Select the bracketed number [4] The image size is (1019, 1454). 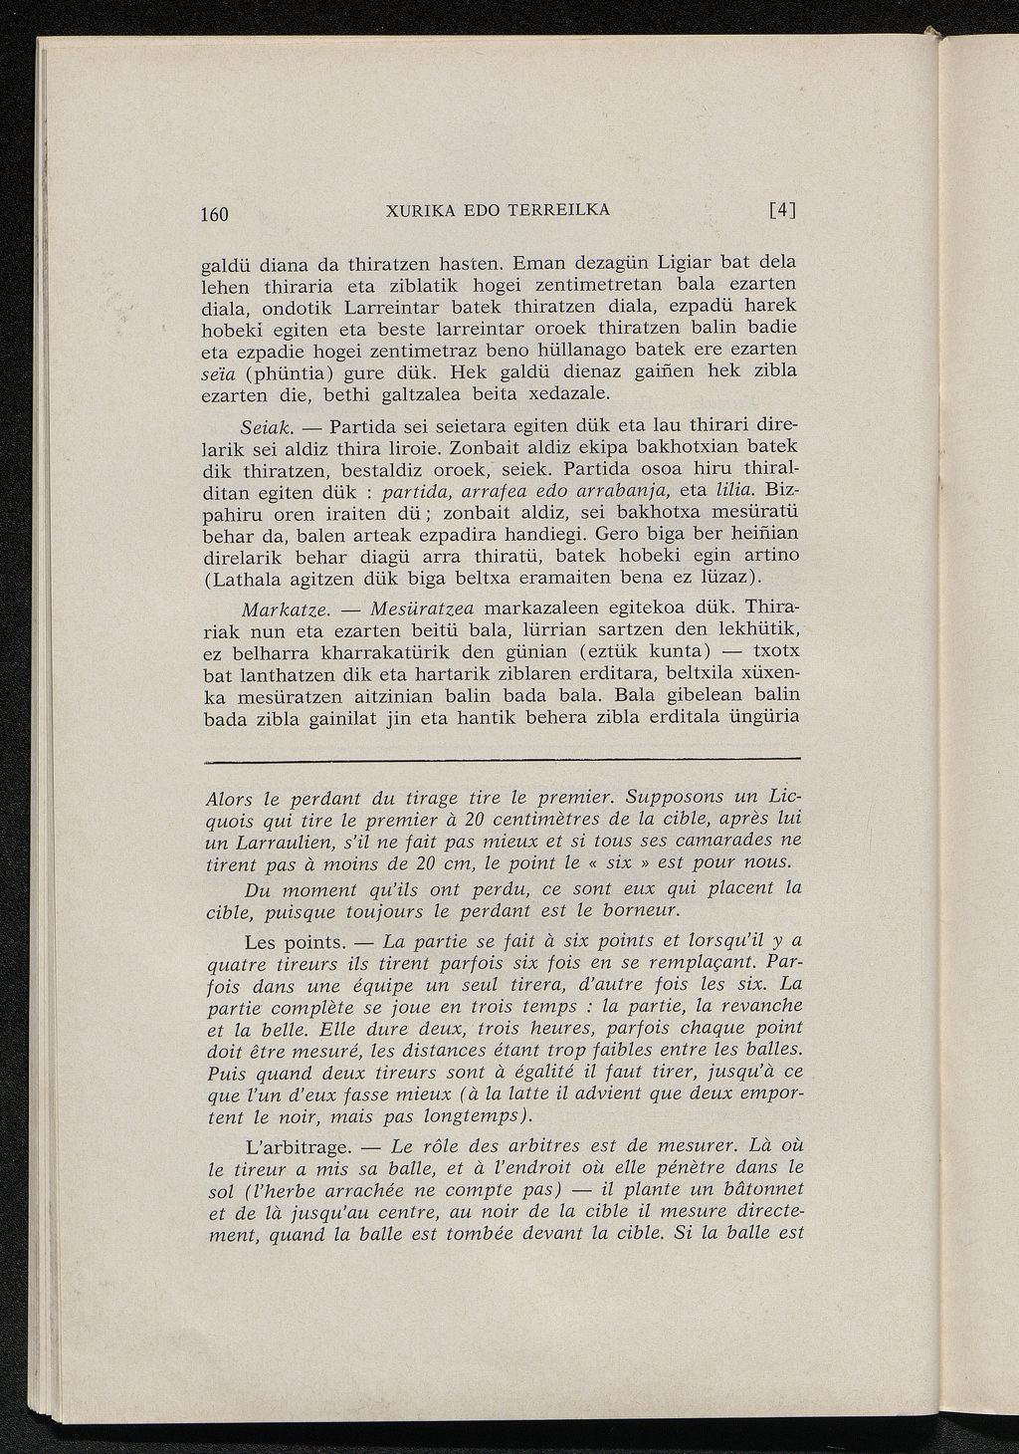(x=783, y=211)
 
